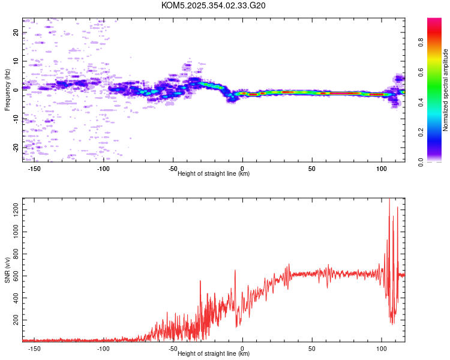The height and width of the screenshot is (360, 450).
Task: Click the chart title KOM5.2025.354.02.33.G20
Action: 214,5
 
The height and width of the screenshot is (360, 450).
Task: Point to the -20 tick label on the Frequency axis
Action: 16,147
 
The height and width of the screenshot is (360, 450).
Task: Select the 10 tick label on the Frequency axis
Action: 16,61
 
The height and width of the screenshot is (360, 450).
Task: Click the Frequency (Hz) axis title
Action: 7,90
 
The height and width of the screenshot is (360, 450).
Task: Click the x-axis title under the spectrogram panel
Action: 214,173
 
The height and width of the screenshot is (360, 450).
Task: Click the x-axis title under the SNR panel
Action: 214,353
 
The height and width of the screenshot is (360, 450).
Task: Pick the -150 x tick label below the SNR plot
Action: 34,348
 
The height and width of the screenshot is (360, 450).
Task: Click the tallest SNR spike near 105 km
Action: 389,200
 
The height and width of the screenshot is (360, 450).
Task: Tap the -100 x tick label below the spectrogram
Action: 103,169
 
